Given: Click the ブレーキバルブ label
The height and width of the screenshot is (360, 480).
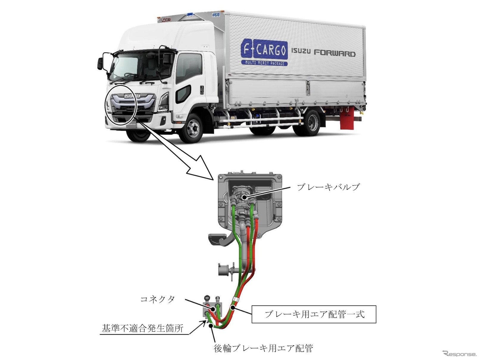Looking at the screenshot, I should click(x=328, y=187).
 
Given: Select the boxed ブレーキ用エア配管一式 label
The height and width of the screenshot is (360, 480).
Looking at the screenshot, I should click(x=314, y=314).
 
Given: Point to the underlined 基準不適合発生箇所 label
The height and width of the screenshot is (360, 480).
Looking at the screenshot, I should click(x=143, y=328).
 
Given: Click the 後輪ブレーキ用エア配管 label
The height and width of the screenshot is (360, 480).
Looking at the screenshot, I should click(x=263, y=348).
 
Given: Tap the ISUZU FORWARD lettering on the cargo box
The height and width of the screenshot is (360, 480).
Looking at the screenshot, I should click(x=323, y=53).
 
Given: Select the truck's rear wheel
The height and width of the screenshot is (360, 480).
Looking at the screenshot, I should click(x=312, y=122).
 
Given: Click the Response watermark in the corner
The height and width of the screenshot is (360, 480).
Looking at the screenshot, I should click(x=459, y=353).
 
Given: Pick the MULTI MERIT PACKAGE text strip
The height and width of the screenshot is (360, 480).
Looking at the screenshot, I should click(x=264, y=63).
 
